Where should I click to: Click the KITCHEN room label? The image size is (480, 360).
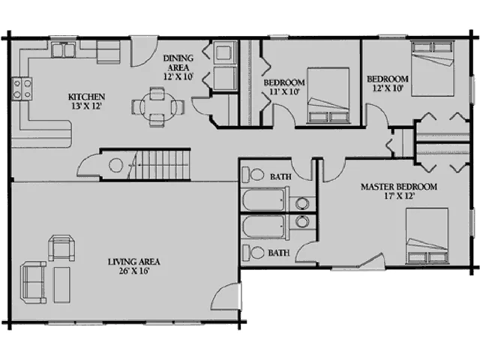86,97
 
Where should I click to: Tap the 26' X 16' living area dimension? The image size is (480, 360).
133,271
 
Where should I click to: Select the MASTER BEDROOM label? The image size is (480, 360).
398,187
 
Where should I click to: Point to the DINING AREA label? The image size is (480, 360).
178,62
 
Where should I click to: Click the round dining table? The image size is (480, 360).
158,106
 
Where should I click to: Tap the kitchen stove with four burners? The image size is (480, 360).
22,88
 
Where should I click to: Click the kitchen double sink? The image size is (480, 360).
63,50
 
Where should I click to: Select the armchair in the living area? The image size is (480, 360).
61,247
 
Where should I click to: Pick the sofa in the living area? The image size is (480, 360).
33,282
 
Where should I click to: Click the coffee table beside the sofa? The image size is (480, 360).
61,285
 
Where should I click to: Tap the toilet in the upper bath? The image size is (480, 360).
253,175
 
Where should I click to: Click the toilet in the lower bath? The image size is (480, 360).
253,253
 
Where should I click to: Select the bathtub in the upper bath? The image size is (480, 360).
263,199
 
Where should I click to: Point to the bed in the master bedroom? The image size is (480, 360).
427,235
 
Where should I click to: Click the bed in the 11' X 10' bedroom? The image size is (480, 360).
328,95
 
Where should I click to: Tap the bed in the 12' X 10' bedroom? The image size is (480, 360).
432,68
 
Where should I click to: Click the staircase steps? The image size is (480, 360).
162,165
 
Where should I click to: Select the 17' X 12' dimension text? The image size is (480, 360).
399,196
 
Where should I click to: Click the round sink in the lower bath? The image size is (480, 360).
302,221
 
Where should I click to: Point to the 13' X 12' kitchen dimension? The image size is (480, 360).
86,106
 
